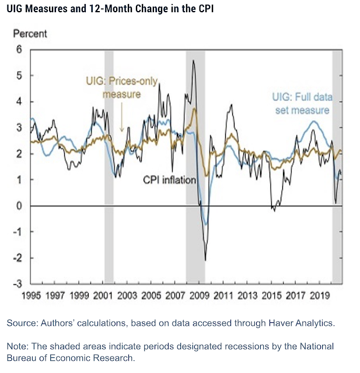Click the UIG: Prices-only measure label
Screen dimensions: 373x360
click(x=121, y=88)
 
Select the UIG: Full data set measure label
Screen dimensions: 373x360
click(x=302, y=103)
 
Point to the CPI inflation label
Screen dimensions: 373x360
click(x=170, y=180)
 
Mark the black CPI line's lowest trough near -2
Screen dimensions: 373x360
click(x=205, y=259)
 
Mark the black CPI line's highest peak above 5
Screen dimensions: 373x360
click(x=193, y=61)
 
